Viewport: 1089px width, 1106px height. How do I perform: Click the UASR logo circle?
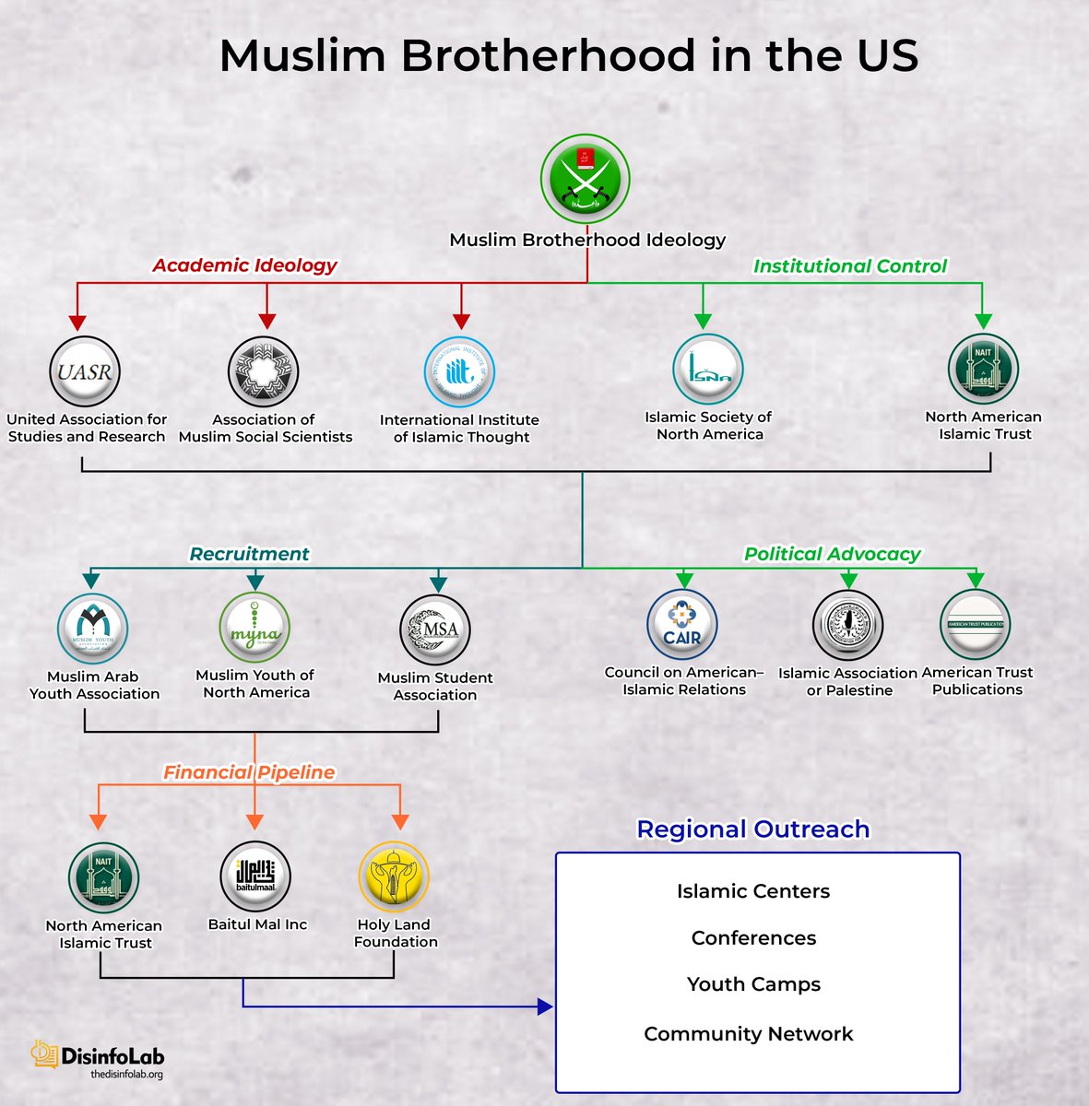tap(84, 372)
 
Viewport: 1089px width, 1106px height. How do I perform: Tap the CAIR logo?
tap(682, 625)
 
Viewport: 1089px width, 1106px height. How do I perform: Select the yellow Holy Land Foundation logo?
tap(394, 877)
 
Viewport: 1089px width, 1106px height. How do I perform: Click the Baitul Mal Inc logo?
tap(255, 877)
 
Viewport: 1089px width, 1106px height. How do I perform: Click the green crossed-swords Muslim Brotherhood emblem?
tap(586, 180)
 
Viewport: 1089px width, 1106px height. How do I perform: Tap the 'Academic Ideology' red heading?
tap(244, 265)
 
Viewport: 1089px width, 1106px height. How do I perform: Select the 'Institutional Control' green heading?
tap(849, 266)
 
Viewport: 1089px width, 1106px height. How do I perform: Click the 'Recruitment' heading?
tap(249, 554)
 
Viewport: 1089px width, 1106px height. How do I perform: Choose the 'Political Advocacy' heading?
tap(832, 554)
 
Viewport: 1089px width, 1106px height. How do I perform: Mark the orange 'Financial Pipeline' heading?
tap(249, 772)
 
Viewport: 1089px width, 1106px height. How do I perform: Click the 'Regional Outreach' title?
tap(752, 829)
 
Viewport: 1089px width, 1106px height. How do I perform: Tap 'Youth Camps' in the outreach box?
tap(753, 984)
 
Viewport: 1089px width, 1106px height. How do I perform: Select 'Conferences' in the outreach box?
tap(753, 938)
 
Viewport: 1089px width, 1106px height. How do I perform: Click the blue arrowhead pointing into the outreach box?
tap(545, 1007)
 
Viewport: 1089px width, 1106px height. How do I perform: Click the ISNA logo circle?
tap(707, 370)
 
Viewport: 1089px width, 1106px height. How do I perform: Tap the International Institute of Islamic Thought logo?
tap(459, 372)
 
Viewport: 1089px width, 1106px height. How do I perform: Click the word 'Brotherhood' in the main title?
tap(547, 55)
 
